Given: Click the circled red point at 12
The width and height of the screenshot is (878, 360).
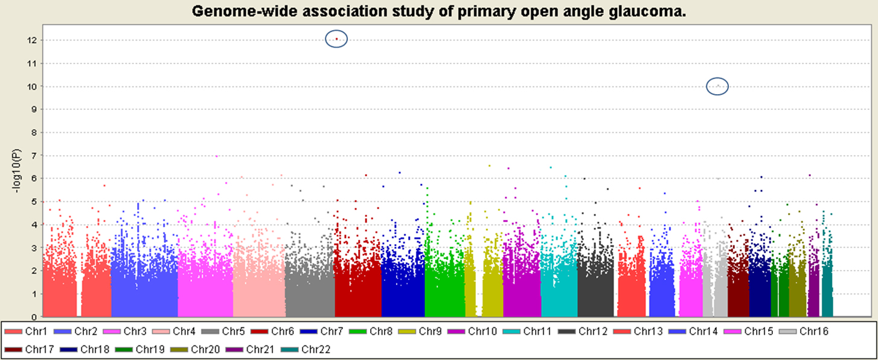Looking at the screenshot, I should (x=336, y=39).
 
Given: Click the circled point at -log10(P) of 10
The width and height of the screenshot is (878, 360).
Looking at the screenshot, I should (x=717, y=86).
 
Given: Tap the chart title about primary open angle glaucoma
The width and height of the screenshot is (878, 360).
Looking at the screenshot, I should (x=439, y=11).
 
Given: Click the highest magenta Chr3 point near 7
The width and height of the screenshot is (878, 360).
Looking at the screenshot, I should (x=216, y=156).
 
